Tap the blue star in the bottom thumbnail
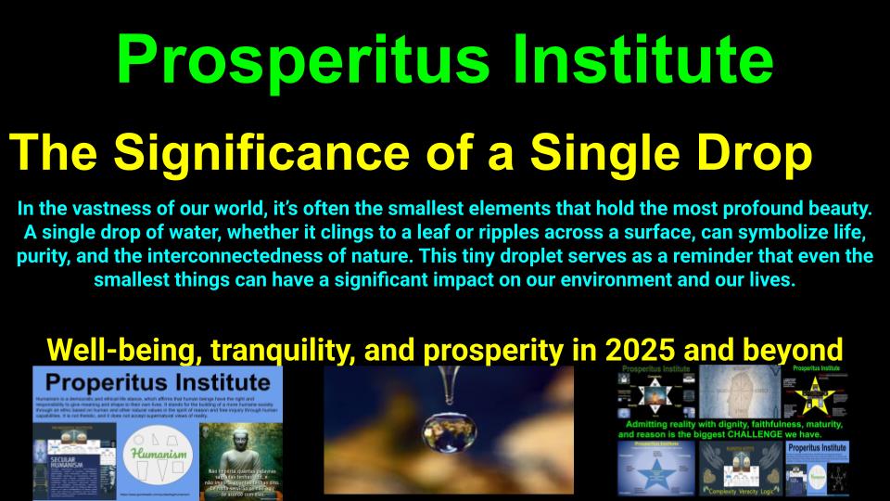(658, 472)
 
